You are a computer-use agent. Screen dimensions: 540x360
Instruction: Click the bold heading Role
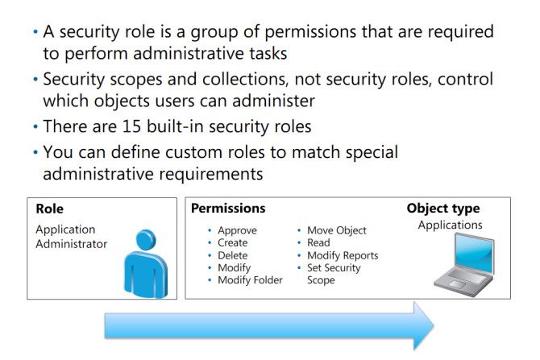(x=50, y=209)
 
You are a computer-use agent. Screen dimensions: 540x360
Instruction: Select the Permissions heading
(x=228, y=209)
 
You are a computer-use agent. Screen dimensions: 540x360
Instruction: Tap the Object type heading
(x=443, y=209)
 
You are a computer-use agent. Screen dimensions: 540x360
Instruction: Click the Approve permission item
(x=237, y=230)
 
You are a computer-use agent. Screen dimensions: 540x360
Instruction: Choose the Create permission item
(x=232, y=242)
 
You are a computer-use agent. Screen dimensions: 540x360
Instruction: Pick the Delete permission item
(x=232, y=255)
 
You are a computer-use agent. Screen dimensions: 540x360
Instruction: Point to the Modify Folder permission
(x=250, y=280)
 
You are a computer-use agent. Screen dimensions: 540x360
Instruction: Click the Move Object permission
(x=336, y=230)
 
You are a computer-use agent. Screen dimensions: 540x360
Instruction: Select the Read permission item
(x=318, y=242)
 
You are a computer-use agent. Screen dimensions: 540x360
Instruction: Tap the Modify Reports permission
(x=343, y=255)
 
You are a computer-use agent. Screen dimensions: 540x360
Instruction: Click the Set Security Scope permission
(x=334, y=274)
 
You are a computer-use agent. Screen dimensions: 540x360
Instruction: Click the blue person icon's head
(x=146, y=240)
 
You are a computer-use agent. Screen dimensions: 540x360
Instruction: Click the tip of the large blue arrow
(x=434, y=325)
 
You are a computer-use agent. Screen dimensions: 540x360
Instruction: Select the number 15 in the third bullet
(x=131, y=126)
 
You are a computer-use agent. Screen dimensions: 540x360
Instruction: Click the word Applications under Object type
(x=450, y=225)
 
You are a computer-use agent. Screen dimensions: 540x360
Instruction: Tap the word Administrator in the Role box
(x=71, y=244)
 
